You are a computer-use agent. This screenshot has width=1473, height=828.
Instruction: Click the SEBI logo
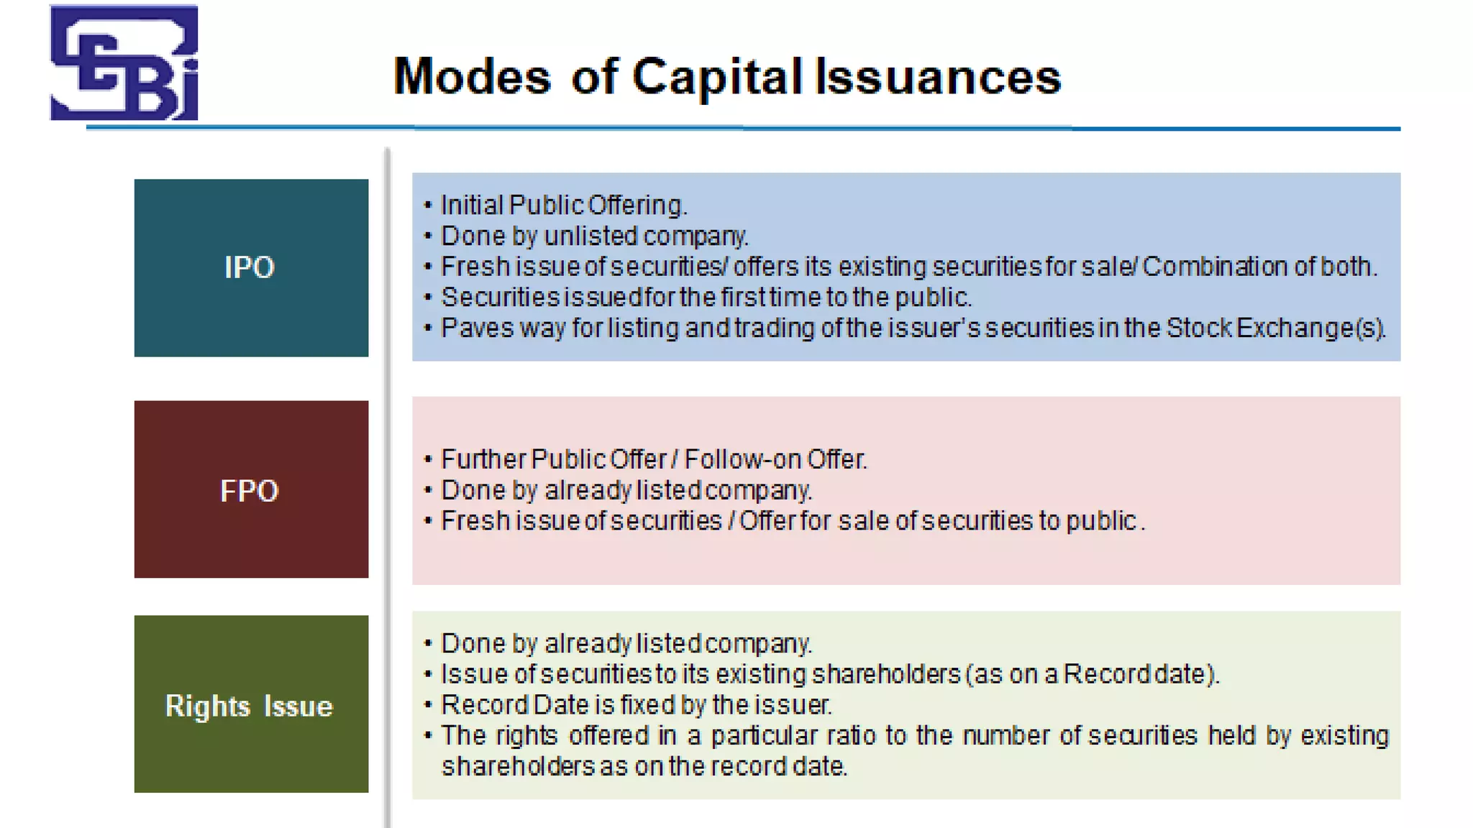pos(124,63)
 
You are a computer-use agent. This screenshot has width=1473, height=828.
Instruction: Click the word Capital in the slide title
pos(716,77)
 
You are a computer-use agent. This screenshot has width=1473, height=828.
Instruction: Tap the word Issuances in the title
pos(937,77)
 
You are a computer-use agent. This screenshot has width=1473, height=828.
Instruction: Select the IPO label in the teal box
pos(250,267)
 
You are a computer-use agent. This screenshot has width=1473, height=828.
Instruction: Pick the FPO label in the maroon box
pos(249,491)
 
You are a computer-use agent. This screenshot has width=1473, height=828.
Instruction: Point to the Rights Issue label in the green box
pos(249,706)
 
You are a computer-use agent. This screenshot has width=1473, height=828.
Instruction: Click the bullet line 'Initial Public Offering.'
pos(563,206)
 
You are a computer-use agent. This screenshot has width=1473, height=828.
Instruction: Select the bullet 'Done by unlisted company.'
pos(594,236)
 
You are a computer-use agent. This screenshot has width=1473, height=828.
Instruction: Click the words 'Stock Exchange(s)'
pos(1275,328)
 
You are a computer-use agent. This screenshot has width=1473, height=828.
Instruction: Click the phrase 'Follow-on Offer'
pos(775,459)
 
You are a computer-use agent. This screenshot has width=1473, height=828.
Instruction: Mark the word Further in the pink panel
pos(483,459)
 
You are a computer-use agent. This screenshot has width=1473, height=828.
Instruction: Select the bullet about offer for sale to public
pos(791,520)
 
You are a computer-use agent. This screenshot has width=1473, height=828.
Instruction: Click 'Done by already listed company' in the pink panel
pos(626,490)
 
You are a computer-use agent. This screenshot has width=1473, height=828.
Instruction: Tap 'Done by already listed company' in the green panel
pos(626,643)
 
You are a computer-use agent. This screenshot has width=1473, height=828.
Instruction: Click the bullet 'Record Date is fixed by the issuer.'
pos(636,705)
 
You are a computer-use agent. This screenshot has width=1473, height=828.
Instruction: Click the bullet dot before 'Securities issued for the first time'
pos(428,298)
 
